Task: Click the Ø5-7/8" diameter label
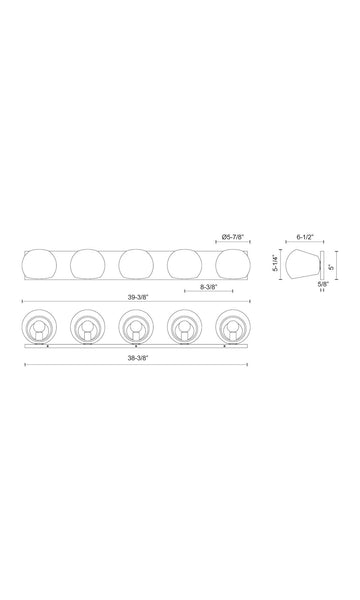[232, 237]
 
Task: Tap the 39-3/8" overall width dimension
[137, 297]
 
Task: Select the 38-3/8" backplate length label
[137, 358]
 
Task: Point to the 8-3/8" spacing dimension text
[209, 287]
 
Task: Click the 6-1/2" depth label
[305, 237]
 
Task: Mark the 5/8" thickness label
[323, 284]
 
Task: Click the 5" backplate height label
[332, 266]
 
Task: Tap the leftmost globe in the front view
[39, 264]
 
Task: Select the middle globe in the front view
[136, 264]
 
